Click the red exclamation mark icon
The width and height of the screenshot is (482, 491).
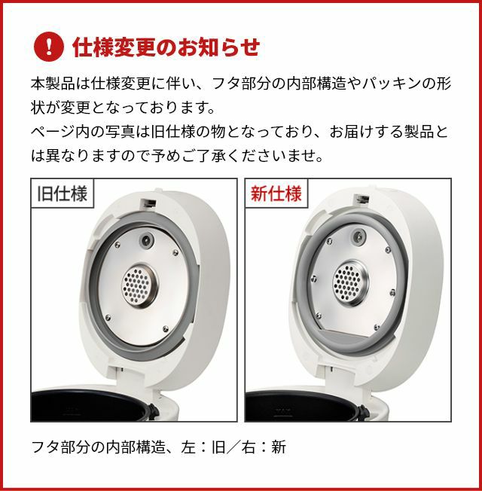point(48,47)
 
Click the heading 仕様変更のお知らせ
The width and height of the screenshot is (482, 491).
point(166,47)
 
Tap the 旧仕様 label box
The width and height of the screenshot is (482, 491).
point(63,194)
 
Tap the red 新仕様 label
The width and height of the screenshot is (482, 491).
point(276,194)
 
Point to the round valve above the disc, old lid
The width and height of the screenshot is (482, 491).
point(146,240)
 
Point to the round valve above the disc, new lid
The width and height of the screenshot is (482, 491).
point(359,236)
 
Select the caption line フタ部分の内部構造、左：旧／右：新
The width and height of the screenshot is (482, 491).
point(158,447)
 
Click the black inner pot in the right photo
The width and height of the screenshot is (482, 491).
point(302,406)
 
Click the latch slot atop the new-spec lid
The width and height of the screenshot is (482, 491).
point(361,199)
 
